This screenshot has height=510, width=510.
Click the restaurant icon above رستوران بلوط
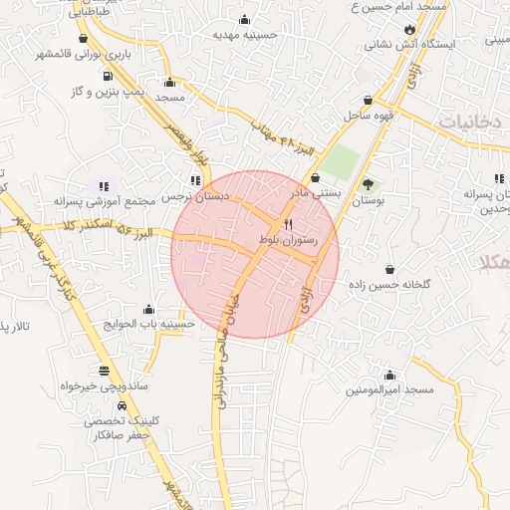[288, 223]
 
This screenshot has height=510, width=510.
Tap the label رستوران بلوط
[288, 241]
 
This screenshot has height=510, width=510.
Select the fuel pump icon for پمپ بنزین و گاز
[108, 75]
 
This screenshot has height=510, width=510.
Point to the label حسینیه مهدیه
[244, 34]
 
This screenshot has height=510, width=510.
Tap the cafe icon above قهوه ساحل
[369, 101]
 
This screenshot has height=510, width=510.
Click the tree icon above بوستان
[368, 183]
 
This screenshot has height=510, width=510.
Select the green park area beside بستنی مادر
[340, 161]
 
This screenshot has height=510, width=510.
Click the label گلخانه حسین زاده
[389, 284]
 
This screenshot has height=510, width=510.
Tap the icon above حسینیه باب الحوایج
[148, 309]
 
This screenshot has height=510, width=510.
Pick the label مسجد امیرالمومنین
[389, 389]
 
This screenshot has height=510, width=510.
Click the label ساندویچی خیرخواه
[105, 383]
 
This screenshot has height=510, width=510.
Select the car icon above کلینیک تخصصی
[122, 406]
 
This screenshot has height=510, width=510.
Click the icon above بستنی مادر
[316, 177]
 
